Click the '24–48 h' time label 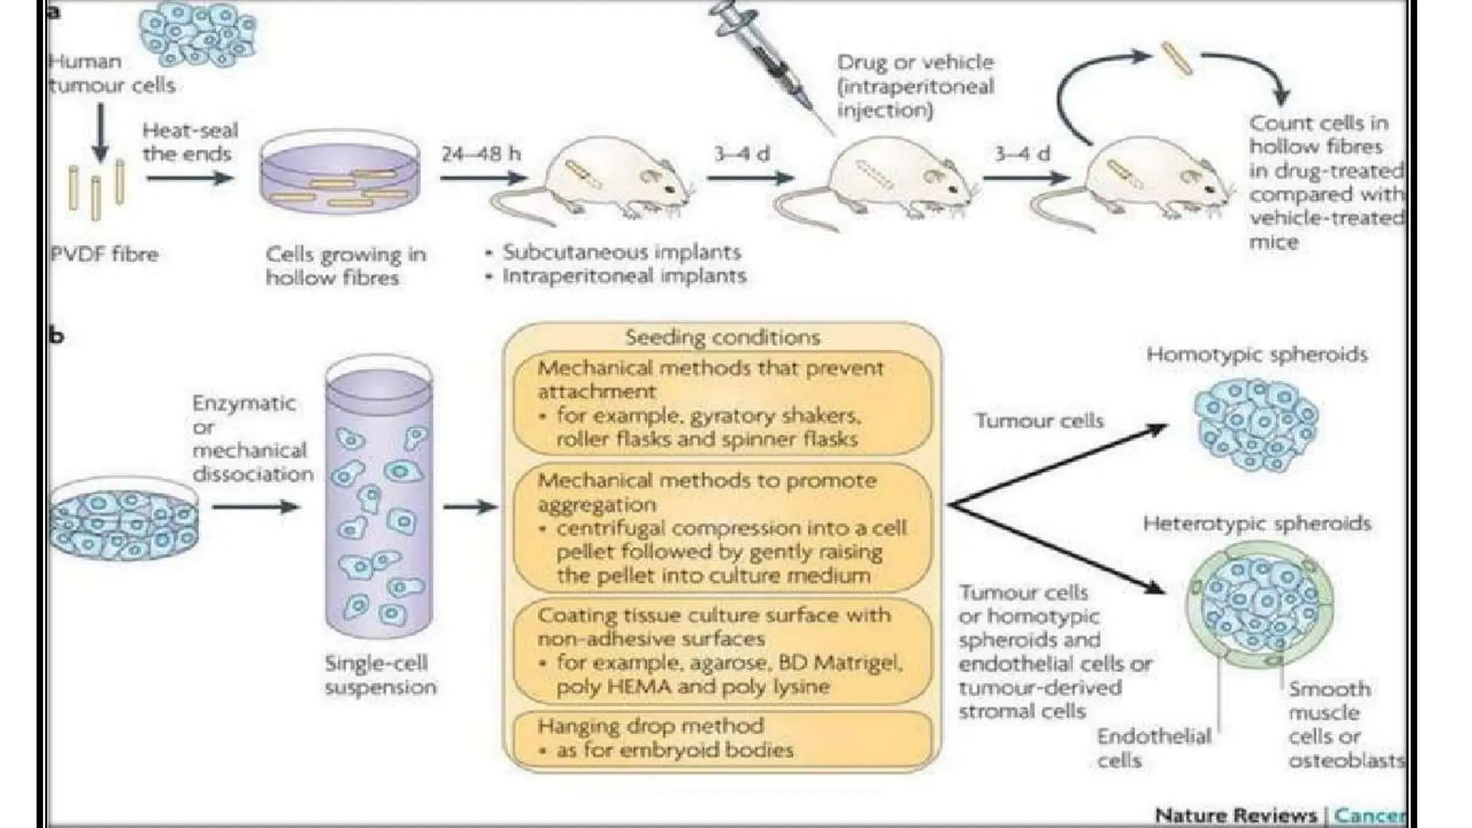480,154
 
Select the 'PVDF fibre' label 104,254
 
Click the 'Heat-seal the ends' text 189,142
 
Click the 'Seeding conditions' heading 722,337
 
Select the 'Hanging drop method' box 722,738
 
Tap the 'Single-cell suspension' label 379,674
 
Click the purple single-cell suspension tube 379,503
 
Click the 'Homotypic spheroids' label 1256,354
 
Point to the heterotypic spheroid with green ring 1259,604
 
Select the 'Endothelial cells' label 1153,747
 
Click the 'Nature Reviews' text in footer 1235,816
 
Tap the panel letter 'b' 56,336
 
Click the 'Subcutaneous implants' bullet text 621,252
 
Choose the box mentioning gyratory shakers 722,403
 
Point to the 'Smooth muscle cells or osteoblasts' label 1344,724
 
